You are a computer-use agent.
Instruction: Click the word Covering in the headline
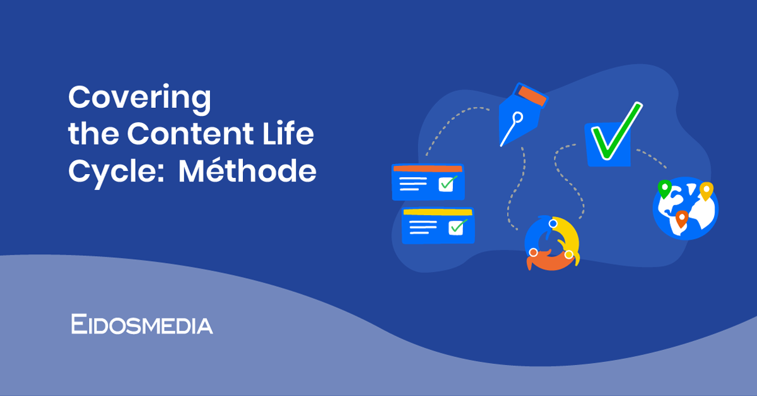click(x=139, y=99)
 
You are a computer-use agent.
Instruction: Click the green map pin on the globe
click(x=664, y=187)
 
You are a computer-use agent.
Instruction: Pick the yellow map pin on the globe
click(x=706, y=190)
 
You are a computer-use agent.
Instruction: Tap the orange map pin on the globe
click(x=681, y=218)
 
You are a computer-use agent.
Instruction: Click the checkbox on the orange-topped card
click(x=447, y=183)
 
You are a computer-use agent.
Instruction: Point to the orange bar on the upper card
click(x=428, y=168)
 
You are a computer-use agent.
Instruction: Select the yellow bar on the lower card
click(x=437, y=212)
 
